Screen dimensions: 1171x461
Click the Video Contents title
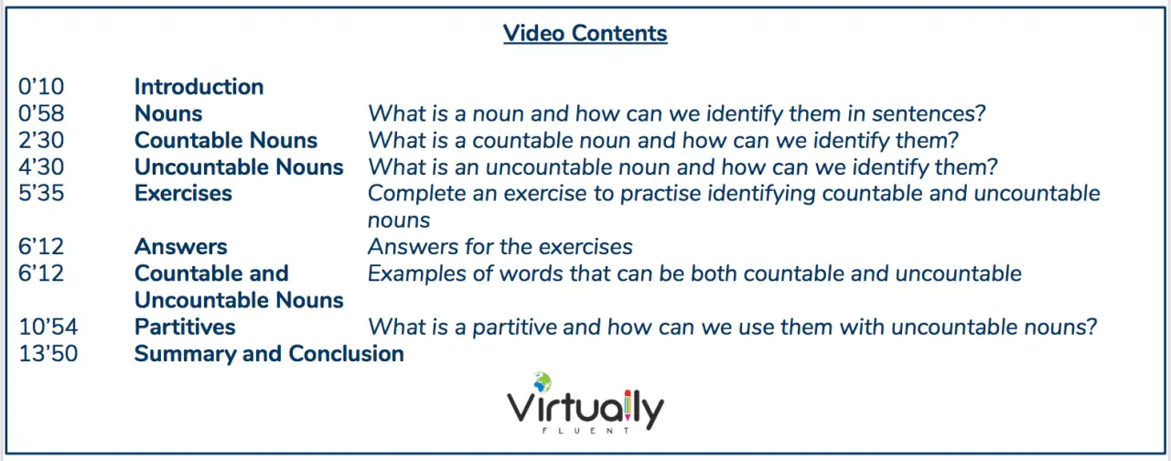point(585,34)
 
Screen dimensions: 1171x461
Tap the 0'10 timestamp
point(41,87)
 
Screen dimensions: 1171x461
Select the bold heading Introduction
point(199,87)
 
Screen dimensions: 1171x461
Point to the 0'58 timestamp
point(41,113)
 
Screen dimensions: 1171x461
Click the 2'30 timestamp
point(41,140)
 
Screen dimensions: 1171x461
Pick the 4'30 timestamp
point(41,166)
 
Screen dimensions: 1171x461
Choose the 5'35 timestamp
point(41,193)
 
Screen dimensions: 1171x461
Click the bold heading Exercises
point(183,193)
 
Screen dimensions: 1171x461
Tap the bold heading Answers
point(181,247)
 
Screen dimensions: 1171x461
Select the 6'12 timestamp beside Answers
point(41,247)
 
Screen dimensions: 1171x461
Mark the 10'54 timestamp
point(48,327)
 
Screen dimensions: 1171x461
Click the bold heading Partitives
point(185,327)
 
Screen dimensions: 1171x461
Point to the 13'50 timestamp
point(48,354)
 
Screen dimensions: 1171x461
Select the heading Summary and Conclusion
point(269,354)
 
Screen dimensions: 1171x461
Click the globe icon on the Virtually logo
point(542,382)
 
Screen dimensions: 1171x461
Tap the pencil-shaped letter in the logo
point(628,405)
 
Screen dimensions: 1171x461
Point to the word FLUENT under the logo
point(585,431)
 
